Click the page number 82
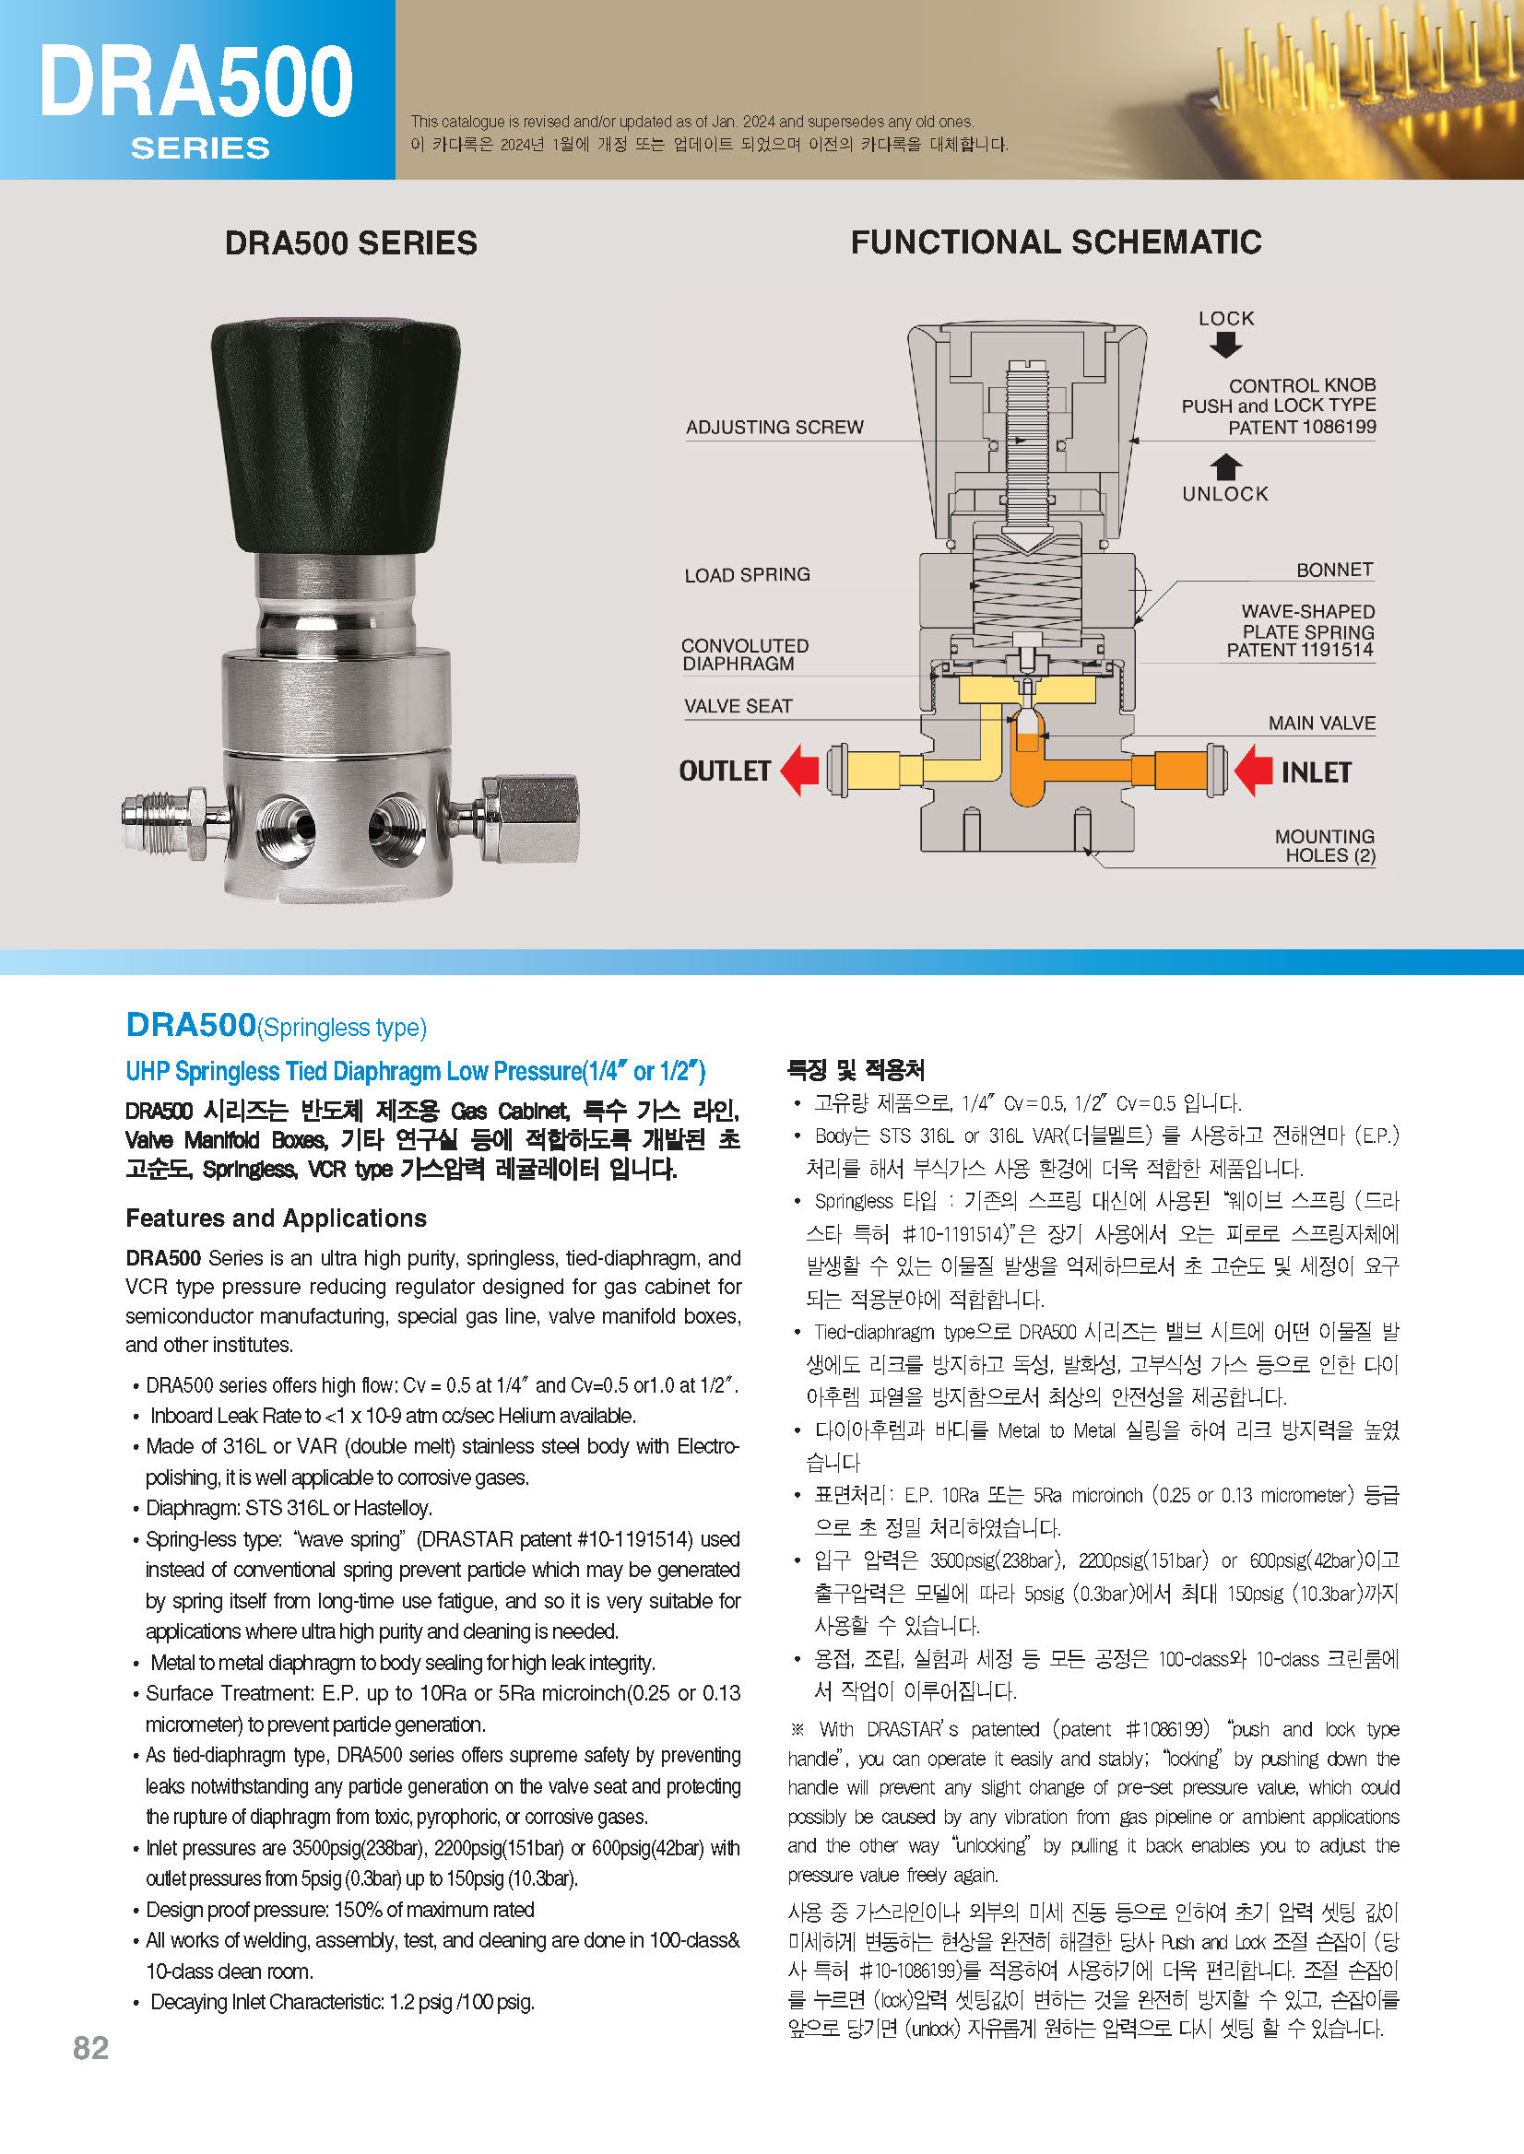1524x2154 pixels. click(x=90, y=2047)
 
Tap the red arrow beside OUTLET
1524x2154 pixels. click(x=800, y=771)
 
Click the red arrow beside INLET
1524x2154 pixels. click(x=1254, y=771)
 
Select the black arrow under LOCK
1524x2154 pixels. click(x=1225, y=346)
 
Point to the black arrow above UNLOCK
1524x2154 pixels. click(x=1225, y=466)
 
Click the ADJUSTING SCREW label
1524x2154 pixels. click(x=774, y=427)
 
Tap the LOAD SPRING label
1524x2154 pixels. click(x=747, y=574)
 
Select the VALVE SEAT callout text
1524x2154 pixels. click(x=738, y=705)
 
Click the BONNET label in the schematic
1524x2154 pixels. click(x=1333, y=570)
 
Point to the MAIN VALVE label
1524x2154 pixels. click(x=1321, y=723)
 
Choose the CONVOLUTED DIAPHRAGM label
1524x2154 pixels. click(x=744, y=653)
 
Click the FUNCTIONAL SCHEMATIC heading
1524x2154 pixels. click(x=1056, y=242)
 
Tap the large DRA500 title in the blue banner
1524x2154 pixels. click(x=196, y=83)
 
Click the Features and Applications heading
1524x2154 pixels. click(x=276, y=1218)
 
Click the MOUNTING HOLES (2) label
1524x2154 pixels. click(x=1324, y=845)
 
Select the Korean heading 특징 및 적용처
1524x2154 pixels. click(x=855, y=1068)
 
